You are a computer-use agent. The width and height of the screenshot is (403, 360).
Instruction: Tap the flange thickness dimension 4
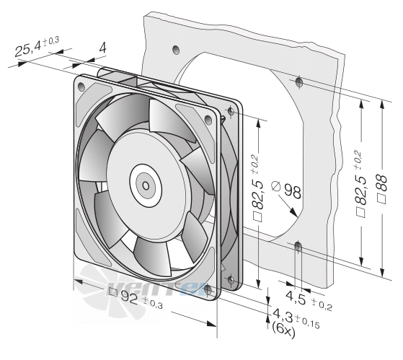click(102, 48)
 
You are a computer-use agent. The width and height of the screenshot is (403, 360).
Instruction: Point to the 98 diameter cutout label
click(292, 192)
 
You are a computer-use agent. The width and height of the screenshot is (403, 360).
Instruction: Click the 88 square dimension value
click(382, 183)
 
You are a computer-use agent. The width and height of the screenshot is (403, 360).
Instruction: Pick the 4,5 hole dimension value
click(296, 297)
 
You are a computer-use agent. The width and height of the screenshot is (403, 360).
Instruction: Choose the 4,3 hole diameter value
click(283, 315)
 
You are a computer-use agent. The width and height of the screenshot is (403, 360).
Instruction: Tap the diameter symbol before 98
click(276, 186)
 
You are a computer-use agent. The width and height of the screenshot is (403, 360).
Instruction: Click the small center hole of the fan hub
click(146, 185)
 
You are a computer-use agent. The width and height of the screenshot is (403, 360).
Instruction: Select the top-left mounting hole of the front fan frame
click(81, 87)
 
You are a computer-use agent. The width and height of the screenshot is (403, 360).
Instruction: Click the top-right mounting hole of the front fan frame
click(208, 120)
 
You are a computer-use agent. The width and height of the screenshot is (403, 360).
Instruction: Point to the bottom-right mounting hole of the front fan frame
click(208, 290)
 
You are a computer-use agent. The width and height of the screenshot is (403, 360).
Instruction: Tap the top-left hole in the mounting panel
click(176, 50)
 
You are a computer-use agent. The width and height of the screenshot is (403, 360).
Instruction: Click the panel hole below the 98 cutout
click(298, 247)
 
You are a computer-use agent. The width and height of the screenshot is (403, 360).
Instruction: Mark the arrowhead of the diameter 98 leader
click(293, 212)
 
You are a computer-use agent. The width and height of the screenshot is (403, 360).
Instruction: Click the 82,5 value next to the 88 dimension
click(361, 190)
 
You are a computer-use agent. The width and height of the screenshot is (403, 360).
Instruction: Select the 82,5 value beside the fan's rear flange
click(258, 194)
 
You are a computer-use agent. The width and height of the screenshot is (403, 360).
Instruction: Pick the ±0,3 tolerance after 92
click(153, 302)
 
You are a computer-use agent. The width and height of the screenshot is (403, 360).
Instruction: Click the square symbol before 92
click(113, 291)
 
